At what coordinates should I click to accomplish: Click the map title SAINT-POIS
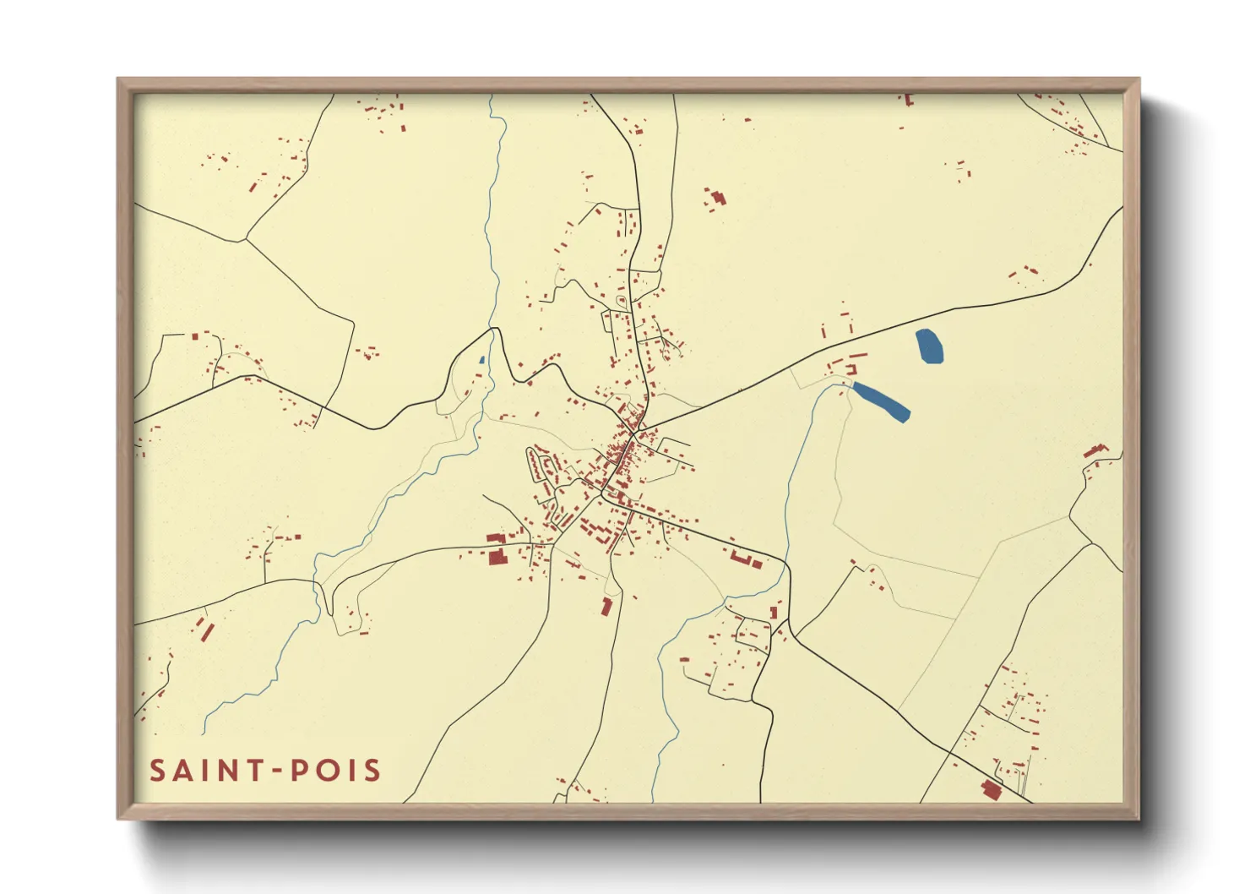(265, 771)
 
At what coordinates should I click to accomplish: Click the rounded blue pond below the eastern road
(929, 346)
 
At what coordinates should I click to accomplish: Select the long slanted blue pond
(881, 401)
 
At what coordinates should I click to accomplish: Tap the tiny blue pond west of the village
(481, 360)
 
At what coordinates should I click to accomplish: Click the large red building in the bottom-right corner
(991, 789)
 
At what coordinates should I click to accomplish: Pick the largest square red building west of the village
(497, 556)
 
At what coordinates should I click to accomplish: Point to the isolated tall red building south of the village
(606, 606)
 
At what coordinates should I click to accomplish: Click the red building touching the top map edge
(908, 99)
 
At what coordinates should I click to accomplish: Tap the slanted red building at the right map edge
(1095, 450)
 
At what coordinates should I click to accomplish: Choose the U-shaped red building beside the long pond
(851, 368)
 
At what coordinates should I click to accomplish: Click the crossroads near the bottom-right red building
(950, 752)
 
